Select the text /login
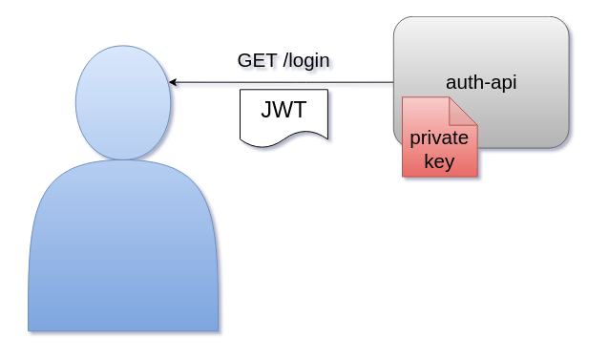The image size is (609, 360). [x=306, y=60]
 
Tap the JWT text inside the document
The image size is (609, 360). [x=283, y=110]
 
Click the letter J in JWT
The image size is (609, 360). [x=266, y=110]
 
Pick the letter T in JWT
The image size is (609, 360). [x=300, y=110]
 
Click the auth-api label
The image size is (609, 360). [x=481, y=83]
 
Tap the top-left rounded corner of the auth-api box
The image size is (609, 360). [x=400, y=23]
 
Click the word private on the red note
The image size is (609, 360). [x=439, y=138]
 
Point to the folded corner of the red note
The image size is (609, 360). [x=464, y=110]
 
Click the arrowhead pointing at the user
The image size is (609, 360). [x=173, y=83]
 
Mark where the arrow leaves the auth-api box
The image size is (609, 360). [x=393, y=83]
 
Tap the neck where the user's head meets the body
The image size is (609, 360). [x=123, y=160]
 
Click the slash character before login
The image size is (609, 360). [x=286, y=60]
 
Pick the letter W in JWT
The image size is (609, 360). [x=283, y=110]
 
